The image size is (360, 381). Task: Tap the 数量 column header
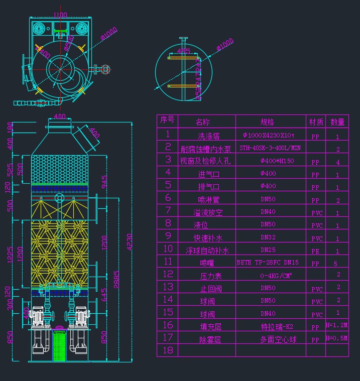[337, 122]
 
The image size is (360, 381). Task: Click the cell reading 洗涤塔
[209, 136]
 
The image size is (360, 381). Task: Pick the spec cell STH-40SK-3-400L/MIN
[270, 148]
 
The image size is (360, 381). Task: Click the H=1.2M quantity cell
[337, 325]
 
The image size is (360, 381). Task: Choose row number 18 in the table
[168, 350]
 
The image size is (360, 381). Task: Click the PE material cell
[315, 251]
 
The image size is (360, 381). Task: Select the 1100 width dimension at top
[60, 16]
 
